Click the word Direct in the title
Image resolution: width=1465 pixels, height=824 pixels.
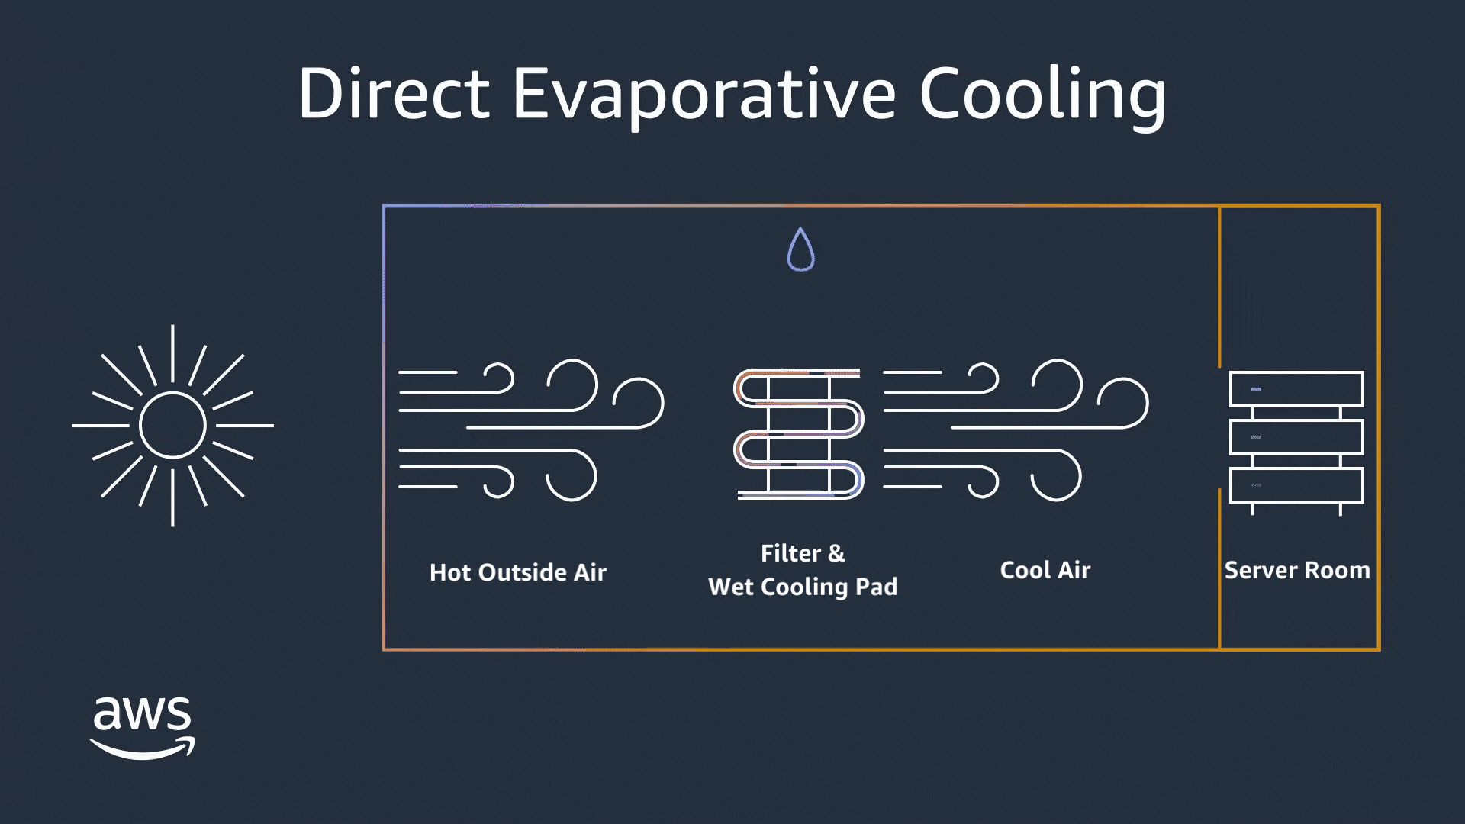(x=394, y=93)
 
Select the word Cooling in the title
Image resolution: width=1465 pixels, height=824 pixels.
(x=1042, y=95)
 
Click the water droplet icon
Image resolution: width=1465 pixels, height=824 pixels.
(x=800, y=249)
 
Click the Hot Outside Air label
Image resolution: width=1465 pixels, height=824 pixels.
(x=518, y=572)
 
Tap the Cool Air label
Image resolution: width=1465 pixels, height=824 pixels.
(x=1045, y=570)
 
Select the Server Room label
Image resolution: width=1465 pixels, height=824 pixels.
(x=1297, y=570)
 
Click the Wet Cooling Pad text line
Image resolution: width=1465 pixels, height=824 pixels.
(x=803, y=587)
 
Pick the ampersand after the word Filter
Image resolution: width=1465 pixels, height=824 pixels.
(x=837, y=553)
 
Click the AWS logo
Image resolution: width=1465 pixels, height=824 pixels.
(x=143, y=727)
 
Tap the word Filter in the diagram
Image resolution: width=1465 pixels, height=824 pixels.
(x=791, y=553)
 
